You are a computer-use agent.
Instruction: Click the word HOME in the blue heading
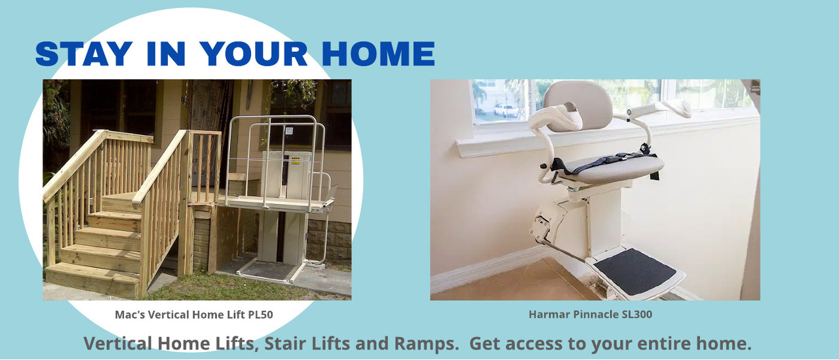[378, 54]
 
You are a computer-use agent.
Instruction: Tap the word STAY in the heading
[84, 54]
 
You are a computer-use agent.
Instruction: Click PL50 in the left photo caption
[261, 314]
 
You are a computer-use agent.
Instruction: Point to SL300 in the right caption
[636, 314]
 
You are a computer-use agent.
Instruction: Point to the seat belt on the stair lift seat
[599, 162]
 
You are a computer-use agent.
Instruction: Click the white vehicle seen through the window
[505, 110]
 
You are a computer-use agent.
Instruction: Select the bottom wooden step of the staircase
[92, 279]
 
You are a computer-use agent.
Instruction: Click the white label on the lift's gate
[289, 131]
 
